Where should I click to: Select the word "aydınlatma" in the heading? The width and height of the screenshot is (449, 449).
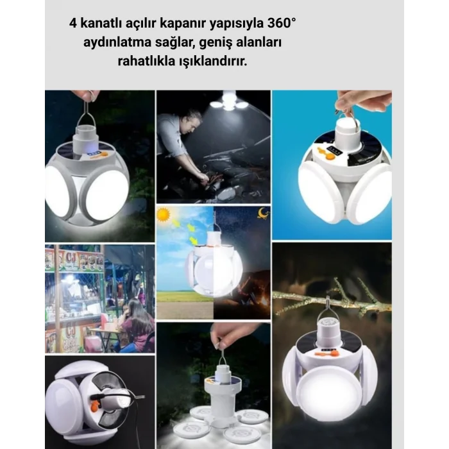click(114, 43)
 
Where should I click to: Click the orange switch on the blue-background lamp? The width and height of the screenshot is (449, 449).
click(324, 153)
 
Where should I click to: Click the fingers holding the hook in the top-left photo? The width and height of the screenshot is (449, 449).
click(87, 95)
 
